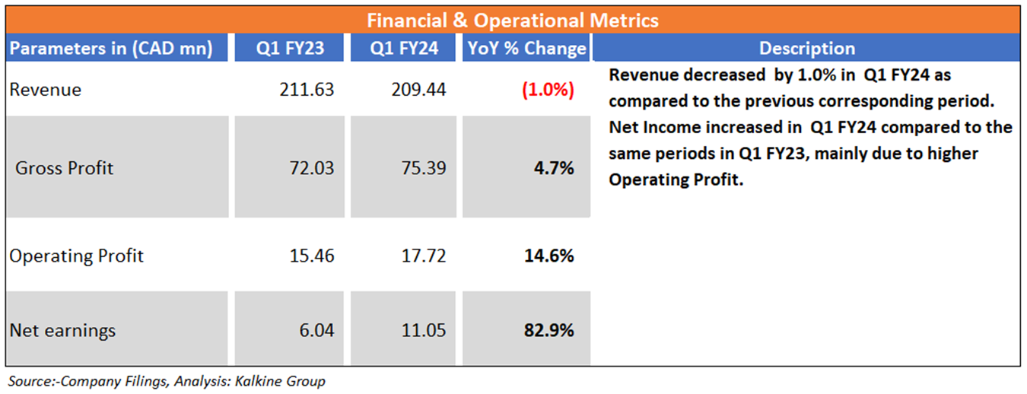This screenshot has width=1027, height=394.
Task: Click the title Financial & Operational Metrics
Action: tap(513, 20)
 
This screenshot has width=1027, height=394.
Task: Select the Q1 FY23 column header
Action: tap(290, 49)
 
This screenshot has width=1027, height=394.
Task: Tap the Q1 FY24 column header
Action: tap(404, 49)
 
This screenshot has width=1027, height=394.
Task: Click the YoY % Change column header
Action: tap(526, 49)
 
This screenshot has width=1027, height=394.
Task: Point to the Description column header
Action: tap(806, 49)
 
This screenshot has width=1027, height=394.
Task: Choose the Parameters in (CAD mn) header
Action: tap(110, 49)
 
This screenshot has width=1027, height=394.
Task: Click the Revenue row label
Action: tap(45, 90)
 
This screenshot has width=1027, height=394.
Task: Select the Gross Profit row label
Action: tap(64, 168)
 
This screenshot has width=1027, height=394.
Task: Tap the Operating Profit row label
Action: tap(76, 256)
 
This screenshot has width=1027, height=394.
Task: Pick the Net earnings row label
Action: tap(62, 330)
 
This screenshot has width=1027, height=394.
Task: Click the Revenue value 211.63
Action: tap(307, 90)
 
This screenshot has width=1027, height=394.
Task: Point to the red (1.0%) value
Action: tap(547, 90)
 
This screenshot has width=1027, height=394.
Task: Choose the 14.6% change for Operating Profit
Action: tap(548, 256)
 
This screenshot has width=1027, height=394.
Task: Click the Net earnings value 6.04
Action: tap(317, 330)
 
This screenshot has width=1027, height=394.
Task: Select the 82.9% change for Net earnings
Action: tap(548, 330)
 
